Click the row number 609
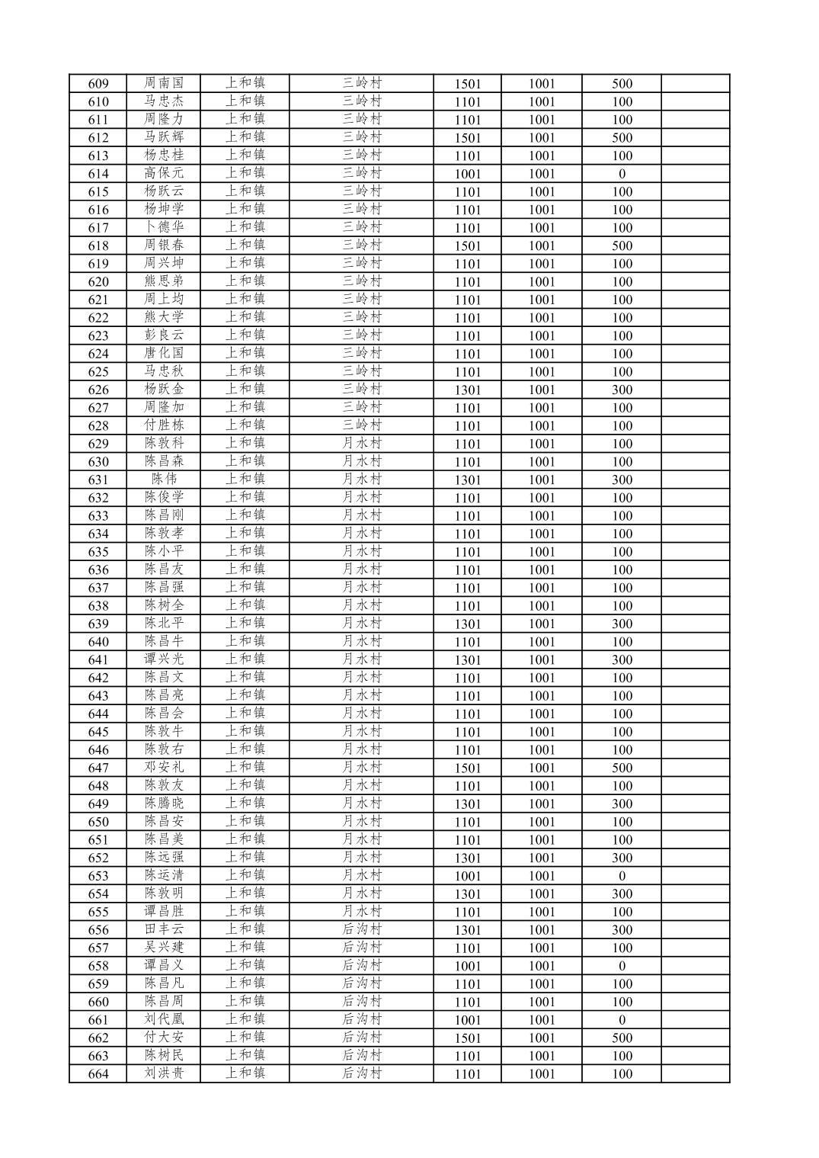98,84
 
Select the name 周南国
164,83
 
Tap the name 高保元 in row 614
164,173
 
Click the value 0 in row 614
622,174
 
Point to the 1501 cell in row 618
468,246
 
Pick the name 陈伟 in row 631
164,479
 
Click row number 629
98,444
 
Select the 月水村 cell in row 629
361,443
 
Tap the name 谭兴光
164,659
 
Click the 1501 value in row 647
468,768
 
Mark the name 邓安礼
164,767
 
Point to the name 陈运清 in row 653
164,875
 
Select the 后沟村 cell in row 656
361,929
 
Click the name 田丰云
164,929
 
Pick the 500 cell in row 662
622,1038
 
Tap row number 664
98,1074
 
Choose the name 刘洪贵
164,1073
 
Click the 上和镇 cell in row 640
245,641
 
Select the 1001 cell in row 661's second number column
542,1020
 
